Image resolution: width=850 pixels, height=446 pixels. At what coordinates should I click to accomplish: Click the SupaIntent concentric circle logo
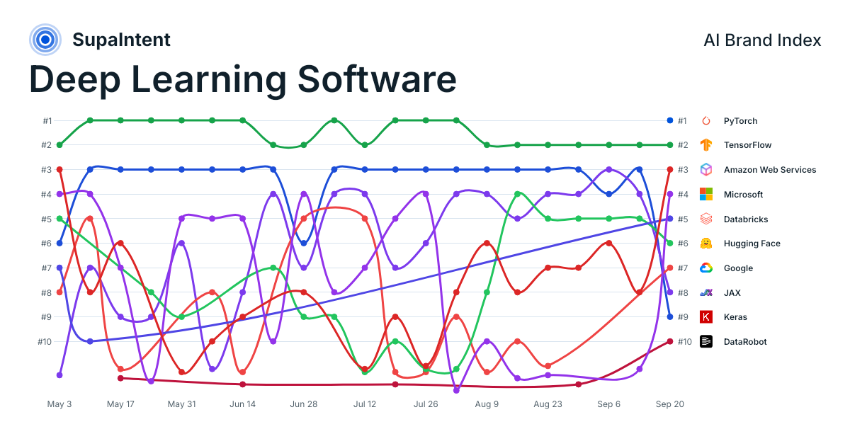pyautogui.click(x=45, y=40)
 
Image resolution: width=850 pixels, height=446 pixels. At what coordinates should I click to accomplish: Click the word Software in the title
pyautogui.click(x=377, y=79)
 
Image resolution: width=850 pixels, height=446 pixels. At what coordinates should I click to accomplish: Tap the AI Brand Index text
pyautogui.click(x=762, y=40)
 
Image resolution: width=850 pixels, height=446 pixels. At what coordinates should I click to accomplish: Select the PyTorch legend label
pyautogui.click(x=740, y=121)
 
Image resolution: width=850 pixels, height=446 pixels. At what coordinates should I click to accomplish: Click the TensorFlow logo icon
pyautogui.click(x=705, y=145)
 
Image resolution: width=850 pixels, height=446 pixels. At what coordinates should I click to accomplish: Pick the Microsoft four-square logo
pyautogui.click(x=705, y=194)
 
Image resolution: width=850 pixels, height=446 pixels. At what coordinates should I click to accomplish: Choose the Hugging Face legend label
pyautogui.click(x=752, y=244)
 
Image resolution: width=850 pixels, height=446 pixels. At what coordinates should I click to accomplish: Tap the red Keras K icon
pyautogui.click(x=705, y=316)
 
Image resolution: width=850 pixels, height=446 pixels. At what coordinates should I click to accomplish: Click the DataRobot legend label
pyautogui.click(x=745, y=342)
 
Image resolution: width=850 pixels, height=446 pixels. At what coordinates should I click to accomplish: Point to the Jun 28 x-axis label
pyautogui.click(x=304, y=404)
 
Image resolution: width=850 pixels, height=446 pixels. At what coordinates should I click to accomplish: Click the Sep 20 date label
pyautogui.click(x=670, y=404)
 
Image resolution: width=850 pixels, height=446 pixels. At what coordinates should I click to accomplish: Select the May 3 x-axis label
pyautogui.click(x=59, y=404)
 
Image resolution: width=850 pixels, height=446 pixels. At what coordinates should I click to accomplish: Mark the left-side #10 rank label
pyautogui.click(x=45, y=342)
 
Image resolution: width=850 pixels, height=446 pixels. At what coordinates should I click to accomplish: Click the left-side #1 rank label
pyautogui.click(x=47, y=121)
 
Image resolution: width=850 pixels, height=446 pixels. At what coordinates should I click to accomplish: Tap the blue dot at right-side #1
pyautogui.click(x=670, y=120)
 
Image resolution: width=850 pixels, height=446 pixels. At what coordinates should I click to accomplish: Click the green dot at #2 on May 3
pyautogui.click(x=59, y=145)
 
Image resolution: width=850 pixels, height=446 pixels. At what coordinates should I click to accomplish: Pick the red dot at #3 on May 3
pyautogui.click(x=59, y=169)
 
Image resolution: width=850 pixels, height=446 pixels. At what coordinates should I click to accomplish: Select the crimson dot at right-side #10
pyautogui.click(x=670, y=341)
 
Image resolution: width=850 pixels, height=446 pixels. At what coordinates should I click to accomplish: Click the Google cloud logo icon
pyautogui.click(x=705, y=268)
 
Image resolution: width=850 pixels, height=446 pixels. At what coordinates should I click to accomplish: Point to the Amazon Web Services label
pyautogui.click(x=770, y=170)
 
